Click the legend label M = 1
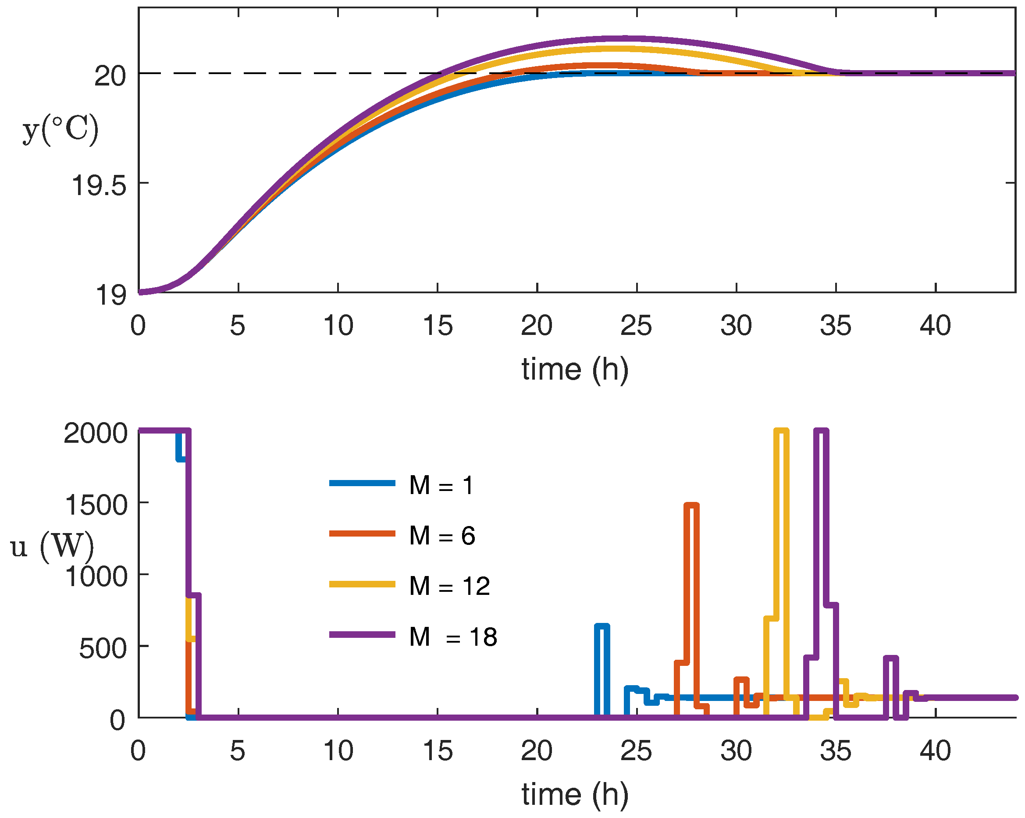[441, 486]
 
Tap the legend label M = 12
[449, 586]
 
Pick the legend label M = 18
[452, 637]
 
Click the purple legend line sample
[362, 634]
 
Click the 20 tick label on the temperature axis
[110, 75]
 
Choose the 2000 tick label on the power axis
[96, 433]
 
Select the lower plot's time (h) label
[575, 794]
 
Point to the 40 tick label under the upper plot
[935, 326]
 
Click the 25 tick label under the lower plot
[636, 751]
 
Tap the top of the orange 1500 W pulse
[691, 505]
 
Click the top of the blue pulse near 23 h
[602, 626]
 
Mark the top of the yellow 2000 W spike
[781, 430]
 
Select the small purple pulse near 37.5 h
[890, 658]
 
